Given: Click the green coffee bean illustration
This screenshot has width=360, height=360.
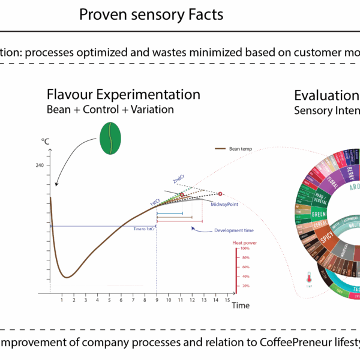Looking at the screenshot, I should click(110, 138).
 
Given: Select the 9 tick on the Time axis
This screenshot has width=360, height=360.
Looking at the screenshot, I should click(157, 299).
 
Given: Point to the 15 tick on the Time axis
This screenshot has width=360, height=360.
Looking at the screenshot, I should click(227, 299).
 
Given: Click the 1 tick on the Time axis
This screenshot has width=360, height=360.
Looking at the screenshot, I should click(62, 299).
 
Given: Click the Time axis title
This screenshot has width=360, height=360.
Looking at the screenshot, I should click(241, 305).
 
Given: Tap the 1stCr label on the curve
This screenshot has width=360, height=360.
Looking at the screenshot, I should click(154, 203).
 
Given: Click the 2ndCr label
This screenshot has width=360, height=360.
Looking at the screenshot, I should click(178, 179).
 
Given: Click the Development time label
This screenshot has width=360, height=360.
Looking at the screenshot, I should click(223, 230).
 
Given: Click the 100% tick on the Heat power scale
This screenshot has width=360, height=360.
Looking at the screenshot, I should click(245, 248).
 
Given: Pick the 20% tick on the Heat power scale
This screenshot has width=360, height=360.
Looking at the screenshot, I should click(245, 286).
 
